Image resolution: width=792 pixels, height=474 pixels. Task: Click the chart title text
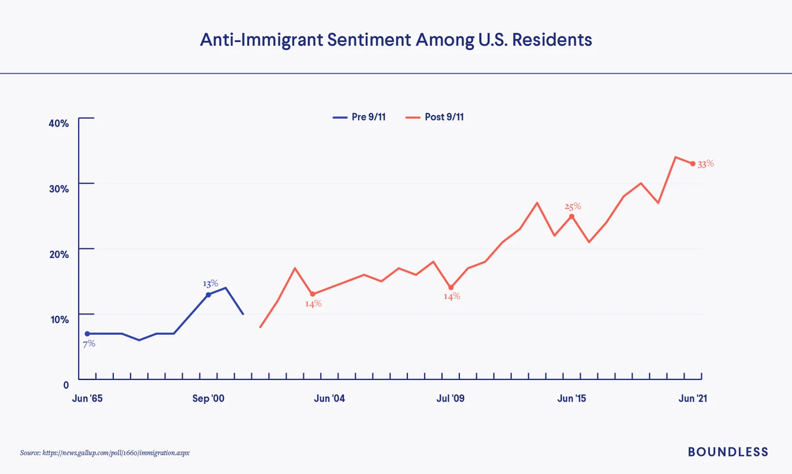click(x=396, y=40)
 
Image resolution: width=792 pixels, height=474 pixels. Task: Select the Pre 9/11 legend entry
click(x=359, y=117)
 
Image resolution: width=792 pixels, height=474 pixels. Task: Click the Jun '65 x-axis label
click(x=87, y=398)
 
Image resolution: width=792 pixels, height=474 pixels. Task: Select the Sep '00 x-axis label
click(x=208, y=398)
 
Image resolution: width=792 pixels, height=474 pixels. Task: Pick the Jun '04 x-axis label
click(x=329, y=398)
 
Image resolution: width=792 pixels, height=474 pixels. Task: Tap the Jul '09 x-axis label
click(x=450, y=398)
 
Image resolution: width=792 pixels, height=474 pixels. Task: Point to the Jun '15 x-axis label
click(x=571, y=398)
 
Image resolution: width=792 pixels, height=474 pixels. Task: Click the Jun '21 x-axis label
click(x=692, y=398)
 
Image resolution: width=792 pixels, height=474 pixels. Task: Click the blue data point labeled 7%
click(x=87, y=334)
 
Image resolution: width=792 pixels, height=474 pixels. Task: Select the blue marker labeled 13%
click(x=208, y=295)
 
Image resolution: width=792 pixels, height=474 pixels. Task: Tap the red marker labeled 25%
click(x=571, y=216)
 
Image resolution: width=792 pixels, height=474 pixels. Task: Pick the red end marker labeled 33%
click(x=692, y=163)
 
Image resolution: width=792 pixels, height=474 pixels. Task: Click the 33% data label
click(x=706, y=164)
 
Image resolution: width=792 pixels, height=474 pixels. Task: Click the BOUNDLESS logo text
click(x=728, y=451)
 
